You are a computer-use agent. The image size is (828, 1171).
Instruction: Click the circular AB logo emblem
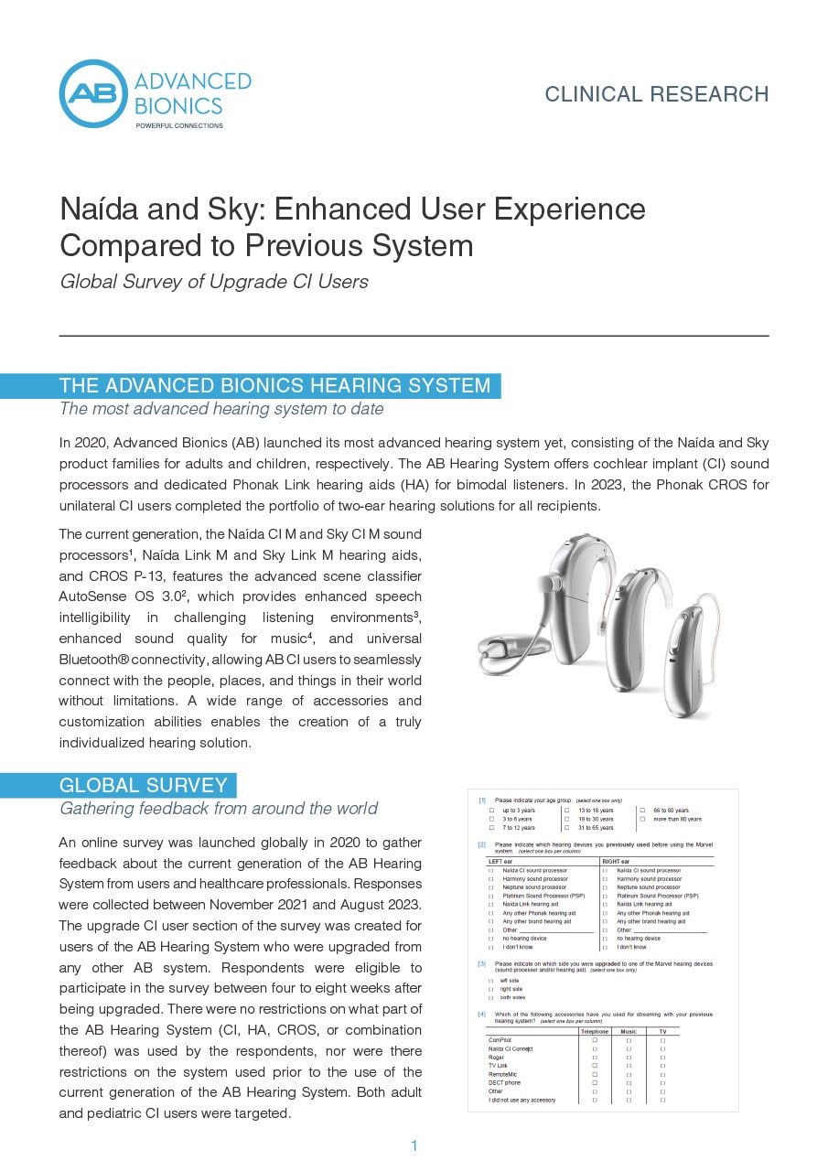tap(93, 94)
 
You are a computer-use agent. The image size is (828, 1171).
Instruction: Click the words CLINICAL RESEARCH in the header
tap(656, 94)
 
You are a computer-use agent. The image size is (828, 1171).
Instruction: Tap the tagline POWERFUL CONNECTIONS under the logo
tap(178, 125)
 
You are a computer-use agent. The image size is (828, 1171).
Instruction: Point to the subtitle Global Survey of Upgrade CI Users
tap(214, 282)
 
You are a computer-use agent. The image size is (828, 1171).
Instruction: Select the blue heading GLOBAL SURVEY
tap(144, 785)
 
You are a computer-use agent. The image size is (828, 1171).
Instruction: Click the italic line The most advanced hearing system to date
tap(221, 409)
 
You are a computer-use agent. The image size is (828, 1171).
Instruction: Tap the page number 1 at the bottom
tap(414, 1145)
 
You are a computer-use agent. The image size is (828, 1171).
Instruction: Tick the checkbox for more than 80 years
tap(642, 819)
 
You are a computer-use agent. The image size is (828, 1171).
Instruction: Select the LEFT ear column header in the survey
tap(501, 861)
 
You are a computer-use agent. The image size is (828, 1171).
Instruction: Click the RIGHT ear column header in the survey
tap(617, 861)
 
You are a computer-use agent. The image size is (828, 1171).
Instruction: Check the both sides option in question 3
tap(491, 997)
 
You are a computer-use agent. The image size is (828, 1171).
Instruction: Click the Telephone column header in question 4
tap(595, 1031)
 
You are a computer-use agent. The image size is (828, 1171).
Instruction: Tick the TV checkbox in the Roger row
tap(662, 1057)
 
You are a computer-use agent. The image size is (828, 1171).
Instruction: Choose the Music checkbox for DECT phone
tap(629, 1082)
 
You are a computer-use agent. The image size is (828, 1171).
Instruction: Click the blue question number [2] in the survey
tap(482, 844)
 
